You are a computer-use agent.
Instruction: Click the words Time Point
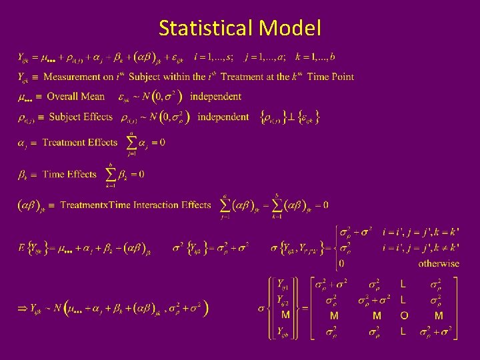coord(331,77)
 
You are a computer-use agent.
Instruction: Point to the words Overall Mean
coord(75,97)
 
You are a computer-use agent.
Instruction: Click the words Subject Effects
coord(81,117)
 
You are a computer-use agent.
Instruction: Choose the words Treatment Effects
coord(79,143)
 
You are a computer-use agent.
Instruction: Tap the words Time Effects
coord(69,175)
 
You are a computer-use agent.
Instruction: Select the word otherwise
coord(439,263)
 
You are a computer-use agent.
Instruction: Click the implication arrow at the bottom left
coord(22,308)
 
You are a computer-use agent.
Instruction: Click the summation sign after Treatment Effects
coord(131,143)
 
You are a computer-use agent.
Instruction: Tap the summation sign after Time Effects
coord(111,175)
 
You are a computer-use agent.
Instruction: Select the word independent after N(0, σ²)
coord(215,97)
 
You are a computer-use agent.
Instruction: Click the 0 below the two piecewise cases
coord(341,263)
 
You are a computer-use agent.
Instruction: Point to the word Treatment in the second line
coord(247,77)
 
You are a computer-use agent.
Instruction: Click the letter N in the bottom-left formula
coord(57,308)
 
